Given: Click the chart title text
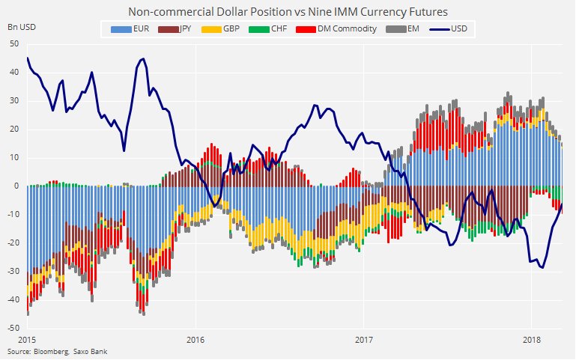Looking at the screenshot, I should click(x=288, y=11).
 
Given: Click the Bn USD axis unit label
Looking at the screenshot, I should click(x=21, y=27).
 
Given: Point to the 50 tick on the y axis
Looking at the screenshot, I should click(x=15, y=44).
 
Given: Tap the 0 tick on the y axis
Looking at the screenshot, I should click(x=17, y=186).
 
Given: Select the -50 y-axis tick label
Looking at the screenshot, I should click(x=13, y=329).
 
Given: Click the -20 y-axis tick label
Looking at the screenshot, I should click(x=13, y=243).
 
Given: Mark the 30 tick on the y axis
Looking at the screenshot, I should click(x=15, y=101).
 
